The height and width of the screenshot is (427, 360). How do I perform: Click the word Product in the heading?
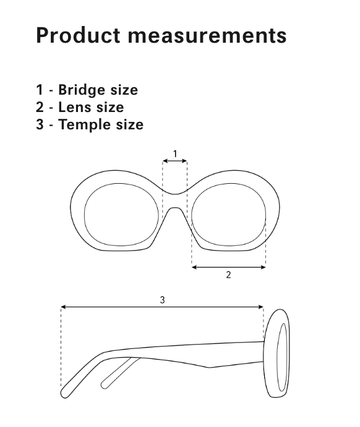pyautogui.click(x=78, y=35)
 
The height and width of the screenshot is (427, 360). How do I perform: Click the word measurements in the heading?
pyautogui.click(x=207, y=36)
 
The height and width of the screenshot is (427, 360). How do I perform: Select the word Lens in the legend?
pyautogui.click(x=74, y=107)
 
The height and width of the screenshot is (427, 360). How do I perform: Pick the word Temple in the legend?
pyautogui.click(x=84, y=125)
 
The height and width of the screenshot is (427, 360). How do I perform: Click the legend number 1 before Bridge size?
pyautogui.click(x=40, y=90)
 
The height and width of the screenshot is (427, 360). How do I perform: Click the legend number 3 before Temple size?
pyautogui.click(x=40, y=124)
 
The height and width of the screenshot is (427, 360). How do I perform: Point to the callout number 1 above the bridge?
pyautogui.click(x=175, y=154)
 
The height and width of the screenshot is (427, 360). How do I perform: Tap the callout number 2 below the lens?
pyautogui.click(x=229, y=275)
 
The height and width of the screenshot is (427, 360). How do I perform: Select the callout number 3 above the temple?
pyautogui.click(x=162, y=300)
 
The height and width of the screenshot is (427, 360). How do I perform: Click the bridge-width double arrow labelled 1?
pyautogui.click(x=174, y=162)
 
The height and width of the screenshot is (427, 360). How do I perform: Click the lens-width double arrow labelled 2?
pyautogui.click(x=229, y=267)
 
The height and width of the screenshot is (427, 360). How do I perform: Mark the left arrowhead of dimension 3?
pyautogui.click(x=63, y=307)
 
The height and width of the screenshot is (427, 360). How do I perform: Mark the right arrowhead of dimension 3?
pyautogui.click(x=261, y=307)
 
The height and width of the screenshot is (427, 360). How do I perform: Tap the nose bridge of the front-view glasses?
pyautogui.click(x=175, y=201)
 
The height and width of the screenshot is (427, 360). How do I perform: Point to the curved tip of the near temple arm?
pyautogui.click(x=65, y=394)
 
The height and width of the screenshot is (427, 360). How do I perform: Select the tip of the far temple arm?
pyautogui.click(x=104, y=385)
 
